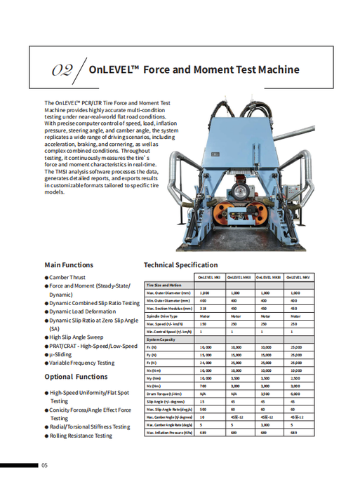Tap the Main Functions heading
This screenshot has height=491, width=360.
click(x=69, y=264)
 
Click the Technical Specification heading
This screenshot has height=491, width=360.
click(x=180, y=265)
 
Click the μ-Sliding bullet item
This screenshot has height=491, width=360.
click(x=64, y=354)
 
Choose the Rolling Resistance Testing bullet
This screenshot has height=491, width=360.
click(x=81, y=436)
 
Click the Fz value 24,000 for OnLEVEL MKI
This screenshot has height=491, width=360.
click(x=206, y=363)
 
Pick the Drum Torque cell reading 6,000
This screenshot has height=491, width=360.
click(x=295, y=394)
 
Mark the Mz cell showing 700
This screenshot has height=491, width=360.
click(x=204, y=386)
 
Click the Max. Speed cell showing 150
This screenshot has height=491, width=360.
click(x=204, y=324)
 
